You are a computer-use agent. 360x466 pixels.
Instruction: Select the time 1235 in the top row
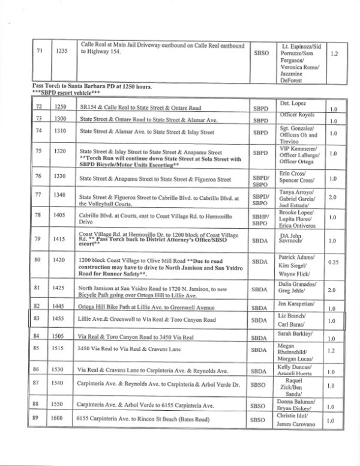click(x=60, y=53)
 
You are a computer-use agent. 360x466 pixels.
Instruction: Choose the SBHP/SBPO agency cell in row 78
click(x=260, y=217)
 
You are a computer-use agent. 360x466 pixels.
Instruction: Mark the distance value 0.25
click(x=334, y=261)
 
